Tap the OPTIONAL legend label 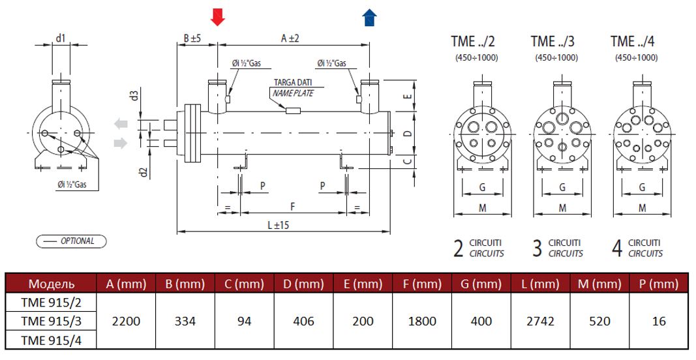click(71, 241)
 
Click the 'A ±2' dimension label click(290, 38)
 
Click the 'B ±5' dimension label click(192, 38)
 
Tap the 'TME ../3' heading click(552, 42)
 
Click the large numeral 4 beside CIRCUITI click(616, 248)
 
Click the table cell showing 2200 click(125, 321)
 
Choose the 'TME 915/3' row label click(51, 321)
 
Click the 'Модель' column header click(51, 284)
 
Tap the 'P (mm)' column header click(655, 284)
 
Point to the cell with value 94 click(244, 321)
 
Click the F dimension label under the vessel click(293, 206)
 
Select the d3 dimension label click(134, 96)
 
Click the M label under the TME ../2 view click(483, 208)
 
